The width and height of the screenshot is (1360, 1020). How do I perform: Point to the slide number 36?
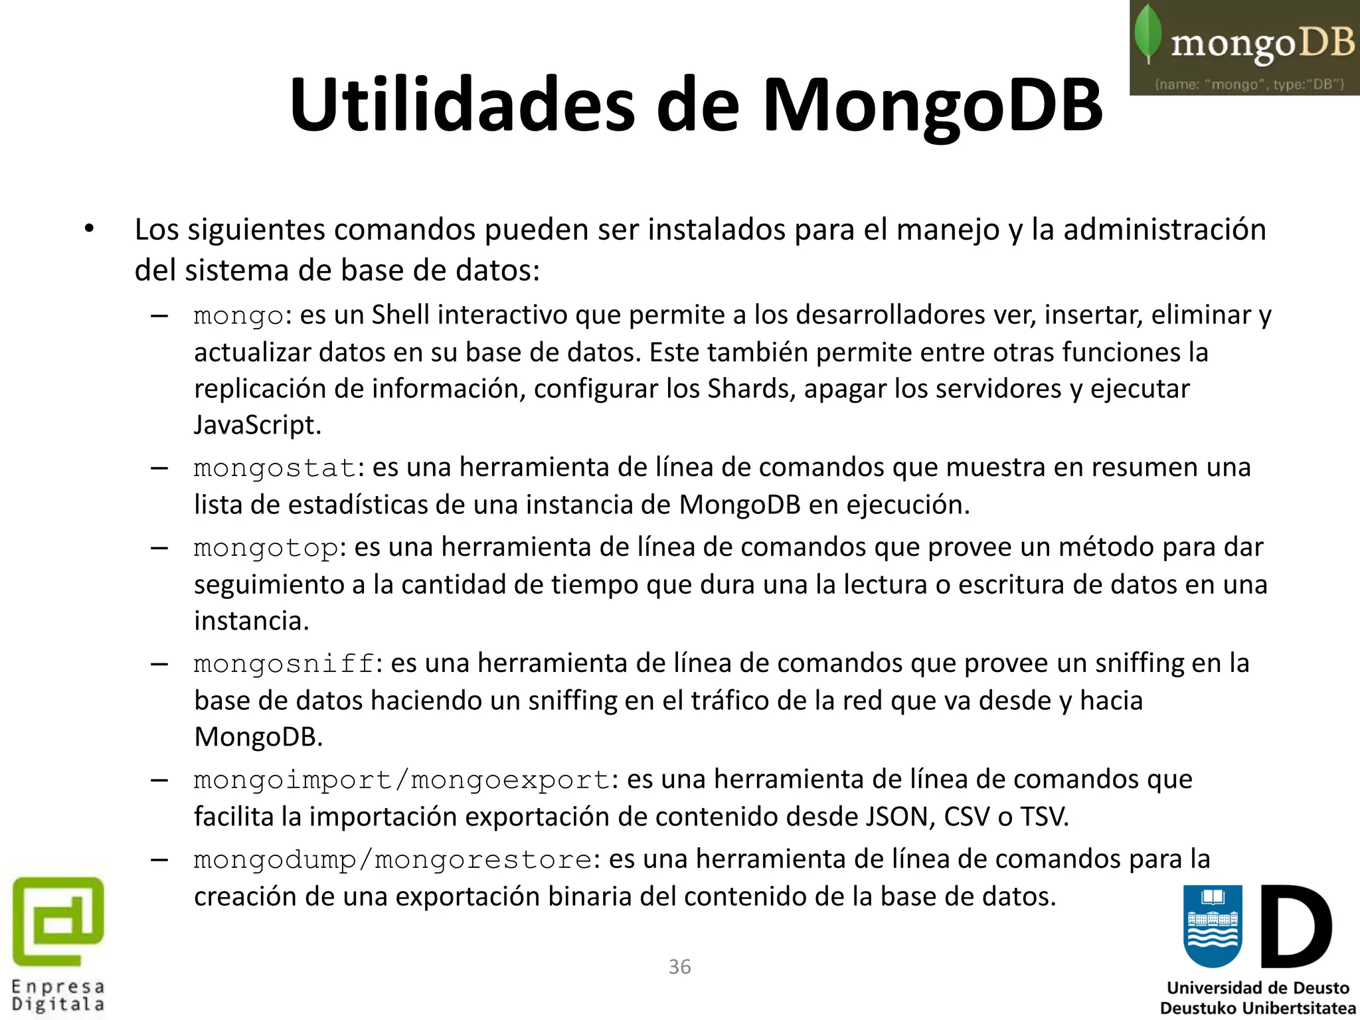[679, 966]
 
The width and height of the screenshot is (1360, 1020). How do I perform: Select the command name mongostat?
[275, 467]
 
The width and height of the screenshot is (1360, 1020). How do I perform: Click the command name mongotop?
[266, 548]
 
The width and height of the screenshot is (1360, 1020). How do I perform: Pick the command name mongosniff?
[284, 663]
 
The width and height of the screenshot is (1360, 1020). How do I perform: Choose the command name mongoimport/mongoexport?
[402, 780]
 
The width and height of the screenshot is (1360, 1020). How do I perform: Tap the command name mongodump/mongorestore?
[392, 860]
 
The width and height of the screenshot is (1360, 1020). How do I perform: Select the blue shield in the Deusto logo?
[1213, 926]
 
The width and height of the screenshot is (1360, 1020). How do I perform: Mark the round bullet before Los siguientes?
[90, 229]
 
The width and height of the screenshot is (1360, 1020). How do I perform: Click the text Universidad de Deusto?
[1258, 988]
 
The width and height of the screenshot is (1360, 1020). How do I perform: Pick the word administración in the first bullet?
[1165, 230]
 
